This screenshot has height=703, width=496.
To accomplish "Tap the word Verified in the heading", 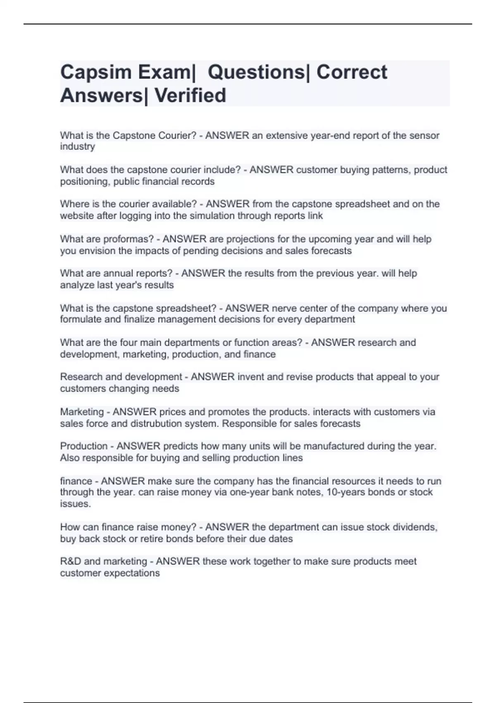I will pos(190,96).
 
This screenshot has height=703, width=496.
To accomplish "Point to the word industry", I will pos(77,147).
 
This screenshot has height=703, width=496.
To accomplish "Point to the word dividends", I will pos(415,527).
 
